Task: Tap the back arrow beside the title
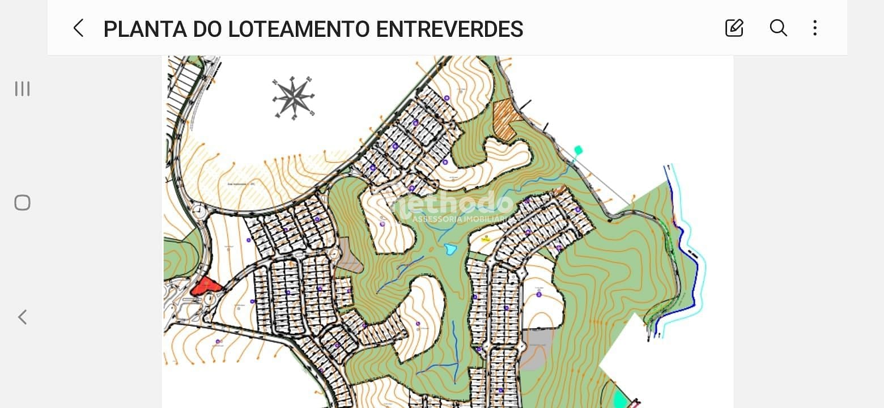tap(78, 28)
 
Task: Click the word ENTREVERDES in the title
tap(449, 29)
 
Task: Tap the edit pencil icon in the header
tap(734, 28)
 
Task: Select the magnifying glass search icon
tap(778, 28)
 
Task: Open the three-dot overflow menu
tap(815, 28)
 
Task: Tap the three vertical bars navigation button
tap(22, 88)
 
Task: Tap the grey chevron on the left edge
tap(22, 317)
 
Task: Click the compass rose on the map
tap(294, 97)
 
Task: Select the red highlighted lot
tap(205, 286)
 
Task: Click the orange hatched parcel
tap(505, 118)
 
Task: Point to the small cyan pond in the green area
tap(450, 249)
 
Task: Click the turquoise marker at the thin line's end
tap(578, 150)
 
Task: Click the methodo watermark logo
tap(453, 203)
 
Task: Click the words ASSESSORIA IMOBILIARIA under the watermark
tap(460, 219)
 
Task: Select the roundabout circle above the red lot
tap(199, 212)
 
